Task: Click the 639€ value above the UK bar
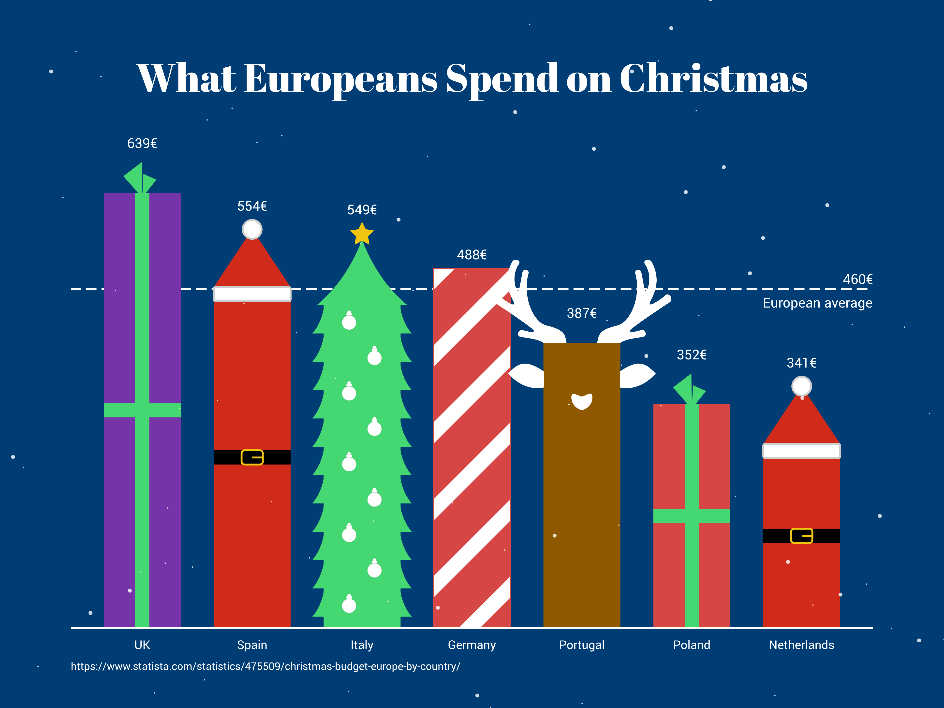(x=142, y=143)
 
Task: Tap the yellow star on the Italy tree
(x=362, y=234)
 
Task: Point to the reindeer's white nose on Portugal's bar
(x=582, y=401)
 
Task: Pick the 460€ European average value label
(x=857, y=280)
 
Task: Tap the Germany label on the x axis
(x=472, y=645)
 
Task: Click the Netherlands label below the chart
(x=801, y=645)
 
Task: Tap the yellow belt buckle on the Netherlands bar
(x=801, y=536)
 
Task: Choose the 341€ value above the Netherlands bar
(x=801, y=363)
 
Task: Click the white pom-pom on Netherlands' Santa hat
(x=801, y=386)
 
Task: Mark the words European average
(x=817, y=303)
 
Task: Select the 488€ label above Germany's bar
(x=472, y=255)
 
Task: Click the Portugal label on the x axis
(x=582, y=645)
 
